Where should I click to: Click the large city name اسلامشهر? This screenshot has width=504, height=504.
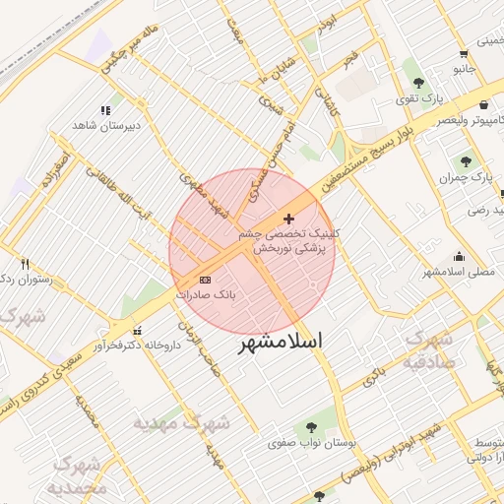point(281,346)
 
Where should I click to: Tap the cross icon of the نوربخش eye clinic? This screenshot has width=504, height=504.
point(287,219)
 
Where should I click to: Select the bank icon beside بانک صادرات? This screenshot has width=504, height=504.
point(205,280)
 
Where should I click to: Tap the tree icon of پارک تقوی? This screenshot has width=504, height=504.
point(419,83)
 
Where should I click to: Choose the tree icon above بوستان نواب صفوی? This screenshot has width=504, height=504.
point(311,427)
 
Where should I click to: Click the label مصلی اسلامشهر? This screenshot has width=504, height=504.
point(459,270)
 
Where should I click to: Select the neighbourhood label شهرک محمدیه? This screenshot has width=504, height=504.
point(79,475)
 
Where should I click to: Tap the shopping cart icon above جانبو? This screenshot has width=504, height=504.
point(463,55)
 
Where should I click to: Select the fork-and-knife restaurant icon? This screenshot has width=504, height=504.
point(26,264)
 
